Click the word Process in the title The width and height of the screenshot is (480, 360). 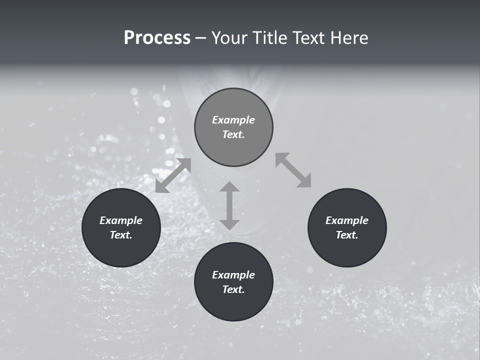pos(157,38)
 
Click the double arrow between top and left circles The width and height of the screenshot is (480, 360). pos(173,175)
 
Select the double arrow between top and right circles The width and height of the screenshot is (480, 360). pos(293,170)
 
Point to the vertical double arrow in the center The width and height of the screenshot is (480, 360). pos(229,205)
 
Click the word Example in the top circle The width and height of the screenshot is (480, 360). pos(233,120)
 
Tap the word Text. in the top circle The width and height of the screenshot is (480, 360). pos(233,134)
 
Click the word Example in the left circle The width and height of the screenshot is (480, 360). pos(121,220)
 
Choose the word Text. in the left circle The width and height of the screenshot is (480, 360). pos(121,235)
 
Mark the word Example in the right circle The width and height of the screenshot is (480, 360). pos(347,220)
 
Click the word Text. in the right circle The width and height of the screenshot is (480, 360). pos(347,235)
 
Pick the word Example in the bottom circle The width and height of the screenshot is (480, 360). pos(233,275)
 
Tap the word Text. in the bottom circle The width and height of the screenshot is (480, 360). pos(233,289)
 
